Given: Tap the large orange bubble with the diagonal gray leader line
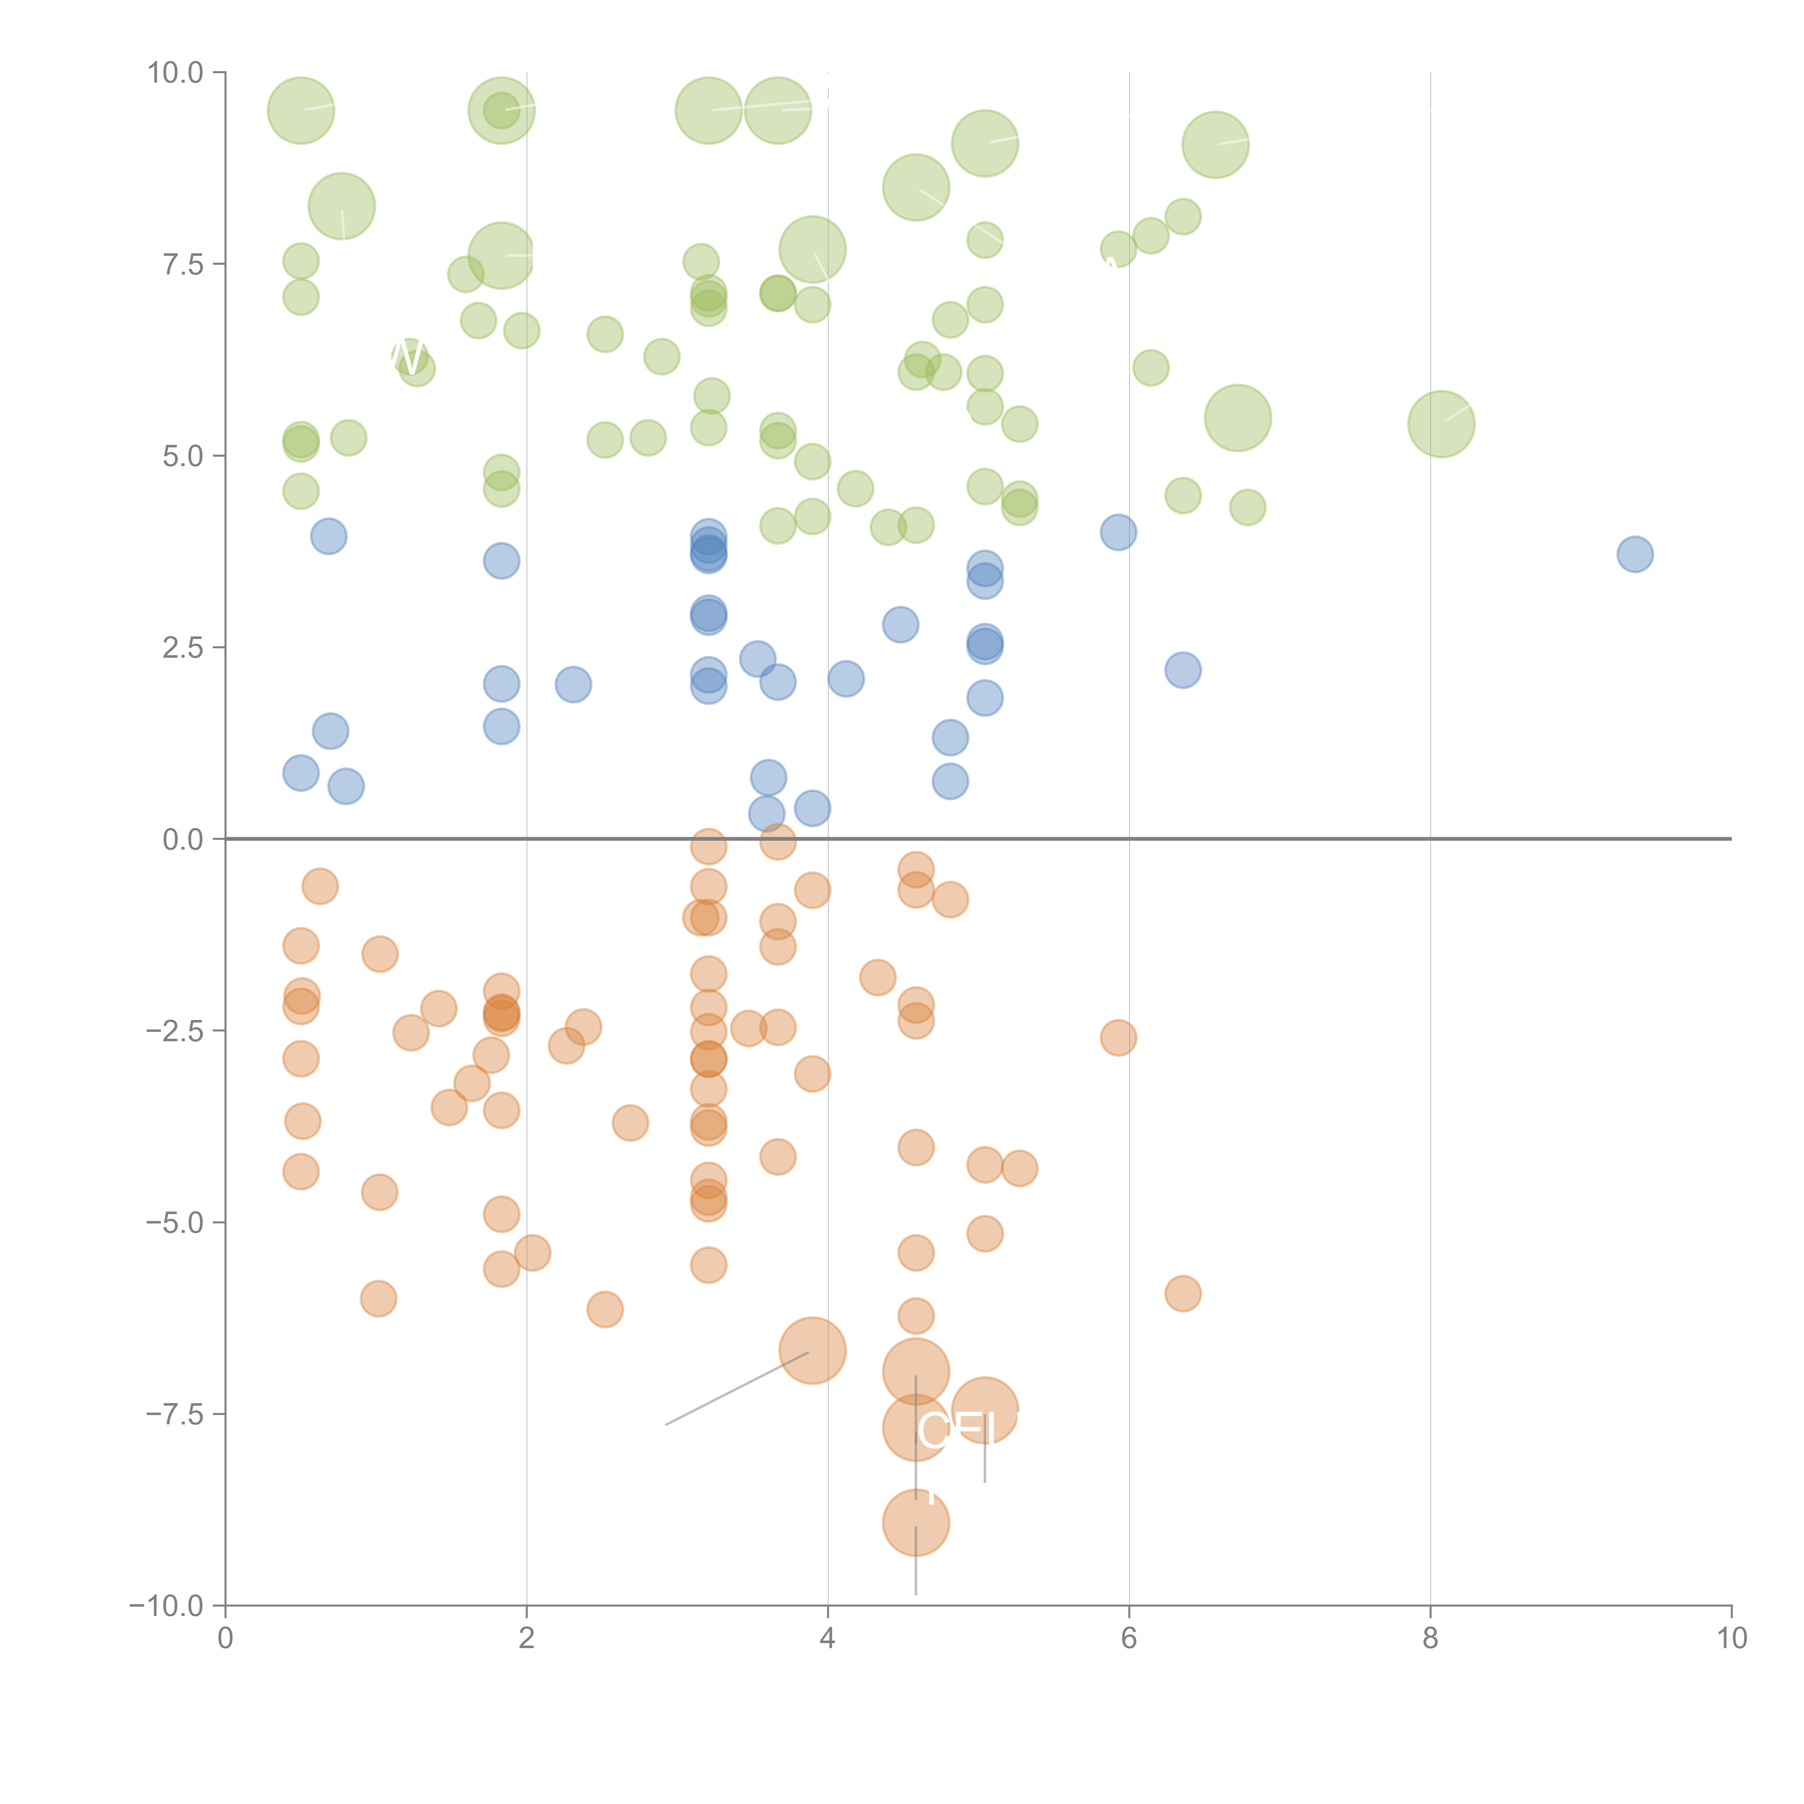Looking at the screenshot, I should [x=813, y=1350].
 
